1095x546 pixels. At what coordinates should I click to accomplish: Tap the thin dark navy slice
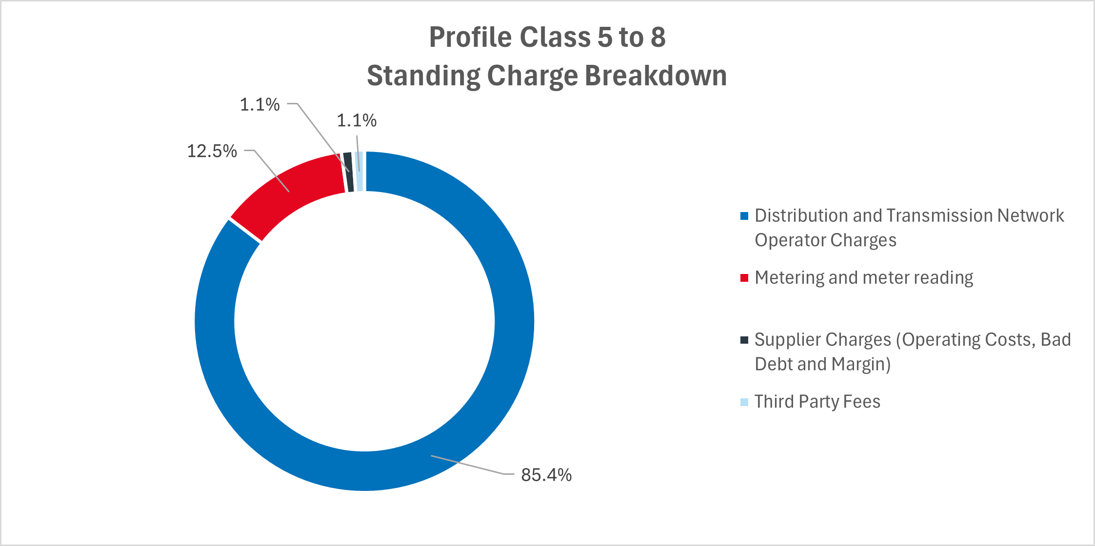pos(348,172)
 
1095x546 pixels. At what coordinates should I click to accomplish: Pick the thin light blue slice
pos(359,172)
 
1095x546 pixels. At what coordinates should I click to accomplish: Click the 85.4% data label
pos(546,475)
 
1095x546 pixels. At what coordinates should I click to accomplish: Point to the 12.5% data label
pos(212,151)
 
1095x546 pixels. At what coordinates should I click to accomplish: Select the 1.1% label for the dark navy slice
pos(260,104)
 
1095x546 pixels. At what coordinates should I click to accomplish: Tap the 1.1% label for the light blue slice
pos(357,120)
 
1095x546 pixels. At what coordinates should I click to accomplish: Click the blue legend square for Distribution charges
pos(744,216)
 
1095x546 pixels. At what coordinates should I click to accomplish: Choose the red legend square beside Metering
pos(744,278)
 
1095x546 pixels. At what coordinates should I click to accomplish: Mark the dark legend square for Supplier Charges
pos(744,340)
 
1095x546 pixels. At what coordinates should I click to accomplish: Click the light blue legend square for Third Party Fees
pos(744,402)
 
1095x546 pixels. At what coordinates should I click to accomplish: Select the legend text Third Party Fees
pos(817,402)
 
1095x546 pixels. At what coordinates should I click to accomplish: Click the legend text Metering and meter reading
pos(864,278)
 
